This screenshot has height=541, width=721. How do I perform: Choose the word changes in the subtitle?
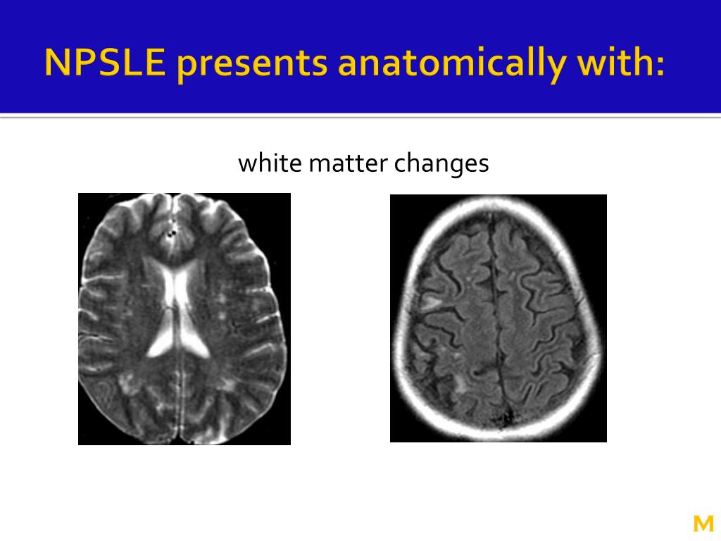441,163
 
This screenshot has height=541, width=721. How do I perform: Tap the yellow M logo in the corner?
703,523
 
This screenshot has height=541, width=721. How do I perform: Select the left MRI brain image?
184,319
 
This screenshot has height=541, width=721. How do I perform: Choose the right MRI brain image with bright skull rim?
498,318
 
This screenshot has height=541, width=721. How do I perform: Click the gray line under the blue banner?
360,117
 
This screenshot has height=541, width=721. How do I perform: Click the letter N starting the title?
56,63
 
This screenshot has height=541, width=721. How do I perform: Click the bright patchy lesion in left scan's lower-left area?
128,384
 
